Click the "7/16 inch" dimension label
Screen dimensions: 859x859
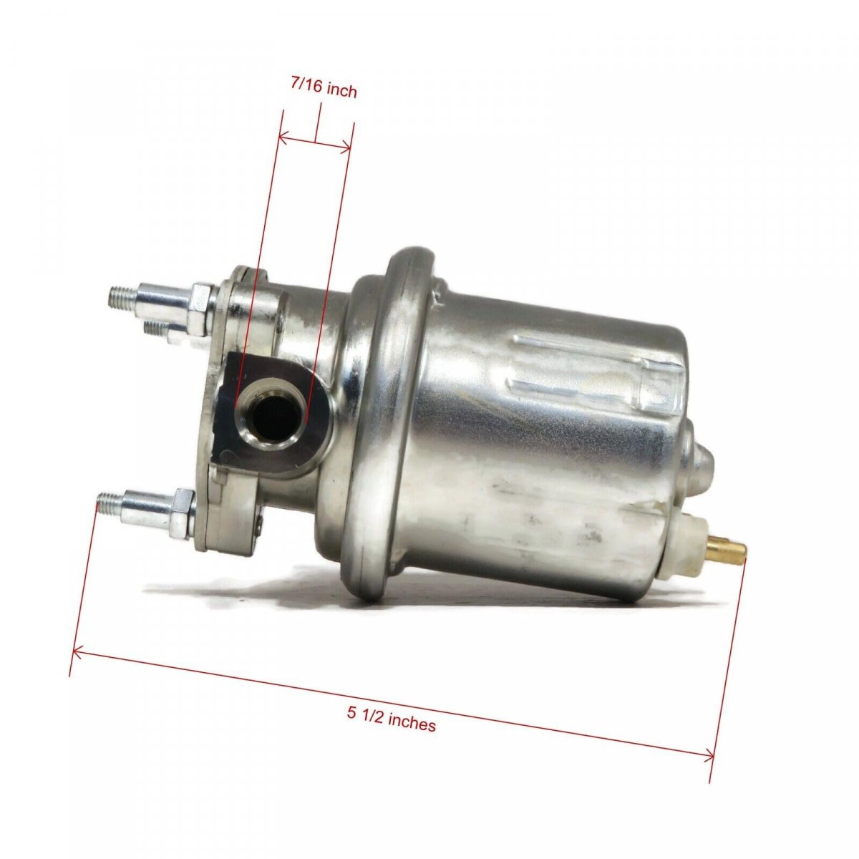pos(324,89)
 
